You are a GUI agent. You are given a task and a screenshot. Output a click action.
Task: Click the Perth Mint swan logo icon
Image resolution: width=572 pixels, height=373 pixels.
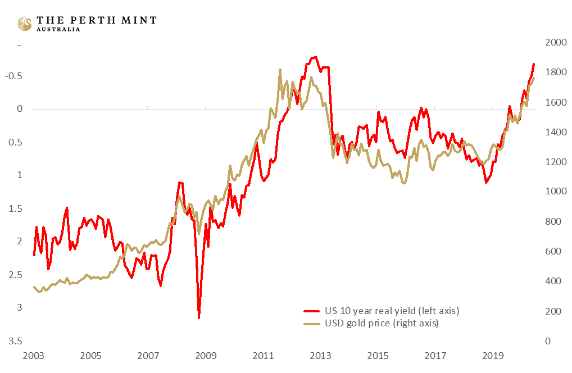[24, 23]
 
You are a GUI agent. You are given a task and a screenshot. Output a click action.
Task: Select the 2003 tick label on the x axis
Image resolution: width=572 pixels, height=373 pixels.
[34, 356]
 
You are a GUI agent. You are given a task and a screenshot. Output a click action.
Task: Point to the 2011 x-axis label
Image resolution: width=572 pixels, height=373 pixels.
[264, 356]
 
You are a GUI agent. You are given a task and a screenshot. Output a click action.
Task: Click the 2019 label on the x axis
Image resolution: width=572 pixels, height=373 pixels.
[493, 356]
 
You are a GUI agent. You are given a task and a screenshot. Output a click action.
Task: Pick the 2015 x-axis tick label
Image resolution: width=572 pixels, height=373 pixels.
[378, 356]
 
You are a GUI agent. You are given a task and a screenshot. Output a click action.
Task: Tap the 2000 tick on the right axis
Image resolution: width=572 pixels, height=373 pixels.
[552, 43]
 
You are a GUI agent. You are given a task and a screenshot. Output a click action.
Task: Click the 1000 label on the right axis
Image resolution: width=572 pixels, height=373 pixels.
[552, 192]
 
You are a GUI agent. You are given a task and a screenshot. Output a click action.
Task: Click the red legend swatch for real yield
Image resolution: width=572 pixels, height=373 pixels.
[311, 311]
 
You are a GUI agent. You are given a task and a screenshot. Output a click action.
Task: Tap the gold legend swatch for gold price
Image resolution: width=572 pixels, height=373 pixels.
[311, 324]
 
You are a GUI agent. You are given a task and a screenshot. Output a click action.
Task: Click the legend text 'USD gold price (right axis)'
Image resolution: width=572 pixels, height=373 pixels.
[382, 324]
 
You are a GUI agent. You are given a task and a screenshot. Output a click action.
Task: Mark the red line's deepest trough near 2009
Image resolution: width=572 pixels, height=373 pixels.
[199, 318]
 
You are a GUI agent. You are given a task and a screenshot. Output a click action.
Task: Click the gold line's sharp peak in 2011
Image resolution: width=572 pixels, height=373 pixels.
[280, 70]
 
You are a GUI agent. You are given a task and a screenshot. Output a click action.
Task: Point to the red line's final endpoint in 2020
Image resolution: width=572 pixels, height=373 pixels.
[533, 64]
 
